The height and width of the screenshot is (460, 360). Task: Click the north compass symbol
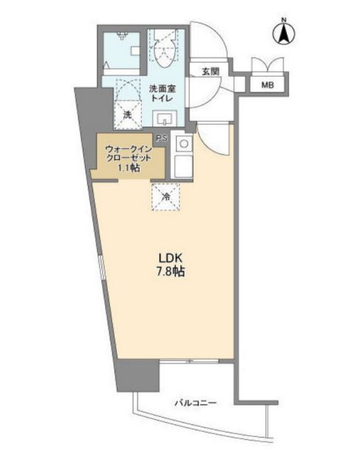pos(284,33)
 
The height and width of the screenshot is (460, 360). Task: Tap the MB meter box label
pos(268,85)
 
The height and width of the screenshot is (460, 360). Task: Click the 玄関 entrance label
pos(211,71)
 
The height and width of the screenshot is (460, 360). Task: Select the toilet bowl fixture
pos(165,49)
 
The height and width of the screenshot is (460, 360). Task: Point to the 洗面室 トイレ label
pos(162,93)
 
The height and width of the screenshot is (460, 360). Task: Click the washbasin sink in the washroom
pos(166,119)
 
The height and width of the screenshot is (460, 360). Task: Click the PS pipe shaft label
pos(162,138)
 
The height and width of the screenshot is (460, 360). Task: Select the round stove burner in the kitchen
pos(184,143)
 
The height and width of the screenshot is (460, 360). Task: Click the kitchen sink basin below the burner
pos(183,166)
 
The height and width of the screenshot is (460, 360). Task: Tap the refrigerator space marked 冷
pos(166,197)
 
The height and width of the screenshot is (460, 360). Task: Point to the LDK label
pos(171,258)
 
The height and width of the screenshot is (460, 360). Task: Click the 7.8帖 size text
pos(170,271)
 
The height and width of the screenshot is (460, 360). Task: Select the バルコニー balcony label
pos(196,402)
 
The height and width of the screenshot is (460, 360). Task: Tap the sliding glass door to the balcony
pos(190,361)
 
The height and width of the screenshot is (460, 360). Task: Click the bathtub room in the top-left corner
pos(122,53)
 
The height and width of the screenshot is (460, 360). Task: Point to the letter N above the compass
pos(284,20)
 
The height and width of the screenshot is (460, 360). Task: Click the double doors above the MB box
pos(268,64)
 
